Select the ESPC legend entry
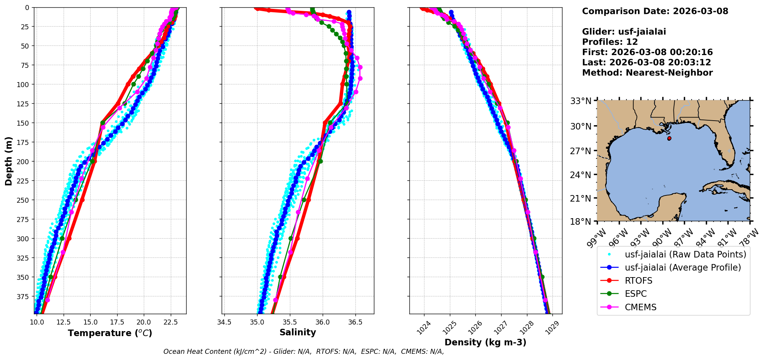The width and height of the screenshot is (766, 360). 636,294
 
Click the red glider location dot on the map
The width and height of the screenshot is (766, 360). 669,138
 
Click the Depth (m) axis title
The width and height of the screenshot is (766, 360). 8,161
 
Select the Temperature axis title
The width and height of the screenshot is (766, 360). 110,333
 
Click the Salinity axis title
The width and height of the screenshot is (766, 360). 298,332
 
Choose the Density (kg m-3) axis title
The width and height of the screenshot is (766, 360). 485,342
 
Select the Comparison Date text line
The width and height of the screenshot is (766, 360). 655,11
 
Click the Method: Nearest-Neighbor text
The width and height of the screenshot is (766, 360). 647,73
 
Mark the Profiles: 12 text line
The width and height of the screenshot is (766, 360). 610,42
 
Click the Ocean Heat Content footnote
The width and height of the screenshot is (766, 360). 303,352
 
